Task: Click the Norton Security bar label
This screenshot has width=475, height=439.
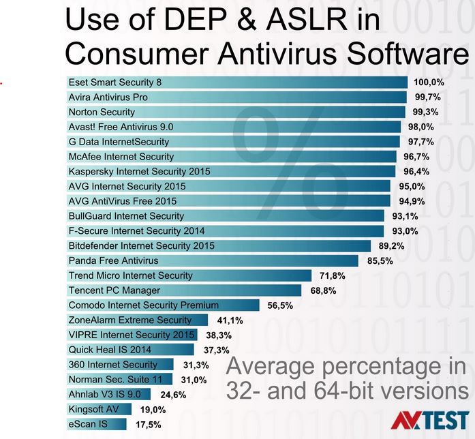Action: point(102,112)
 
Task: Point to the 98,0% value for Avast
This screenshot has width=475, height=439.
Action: point(421,127)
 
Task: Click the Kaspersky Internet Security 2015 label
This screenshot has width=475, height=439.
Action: point(140,172)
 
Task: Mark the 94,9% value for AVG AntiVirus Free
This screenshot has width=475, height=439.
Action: point(412,201)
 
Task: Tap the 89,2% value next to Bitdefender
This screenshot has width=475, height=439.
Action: point(393,245)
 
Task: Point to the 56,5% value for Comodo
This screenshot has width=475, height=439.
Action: point(280,305)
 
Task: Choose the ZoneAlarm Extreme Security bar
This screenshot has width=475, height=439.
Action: point(137,320)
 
